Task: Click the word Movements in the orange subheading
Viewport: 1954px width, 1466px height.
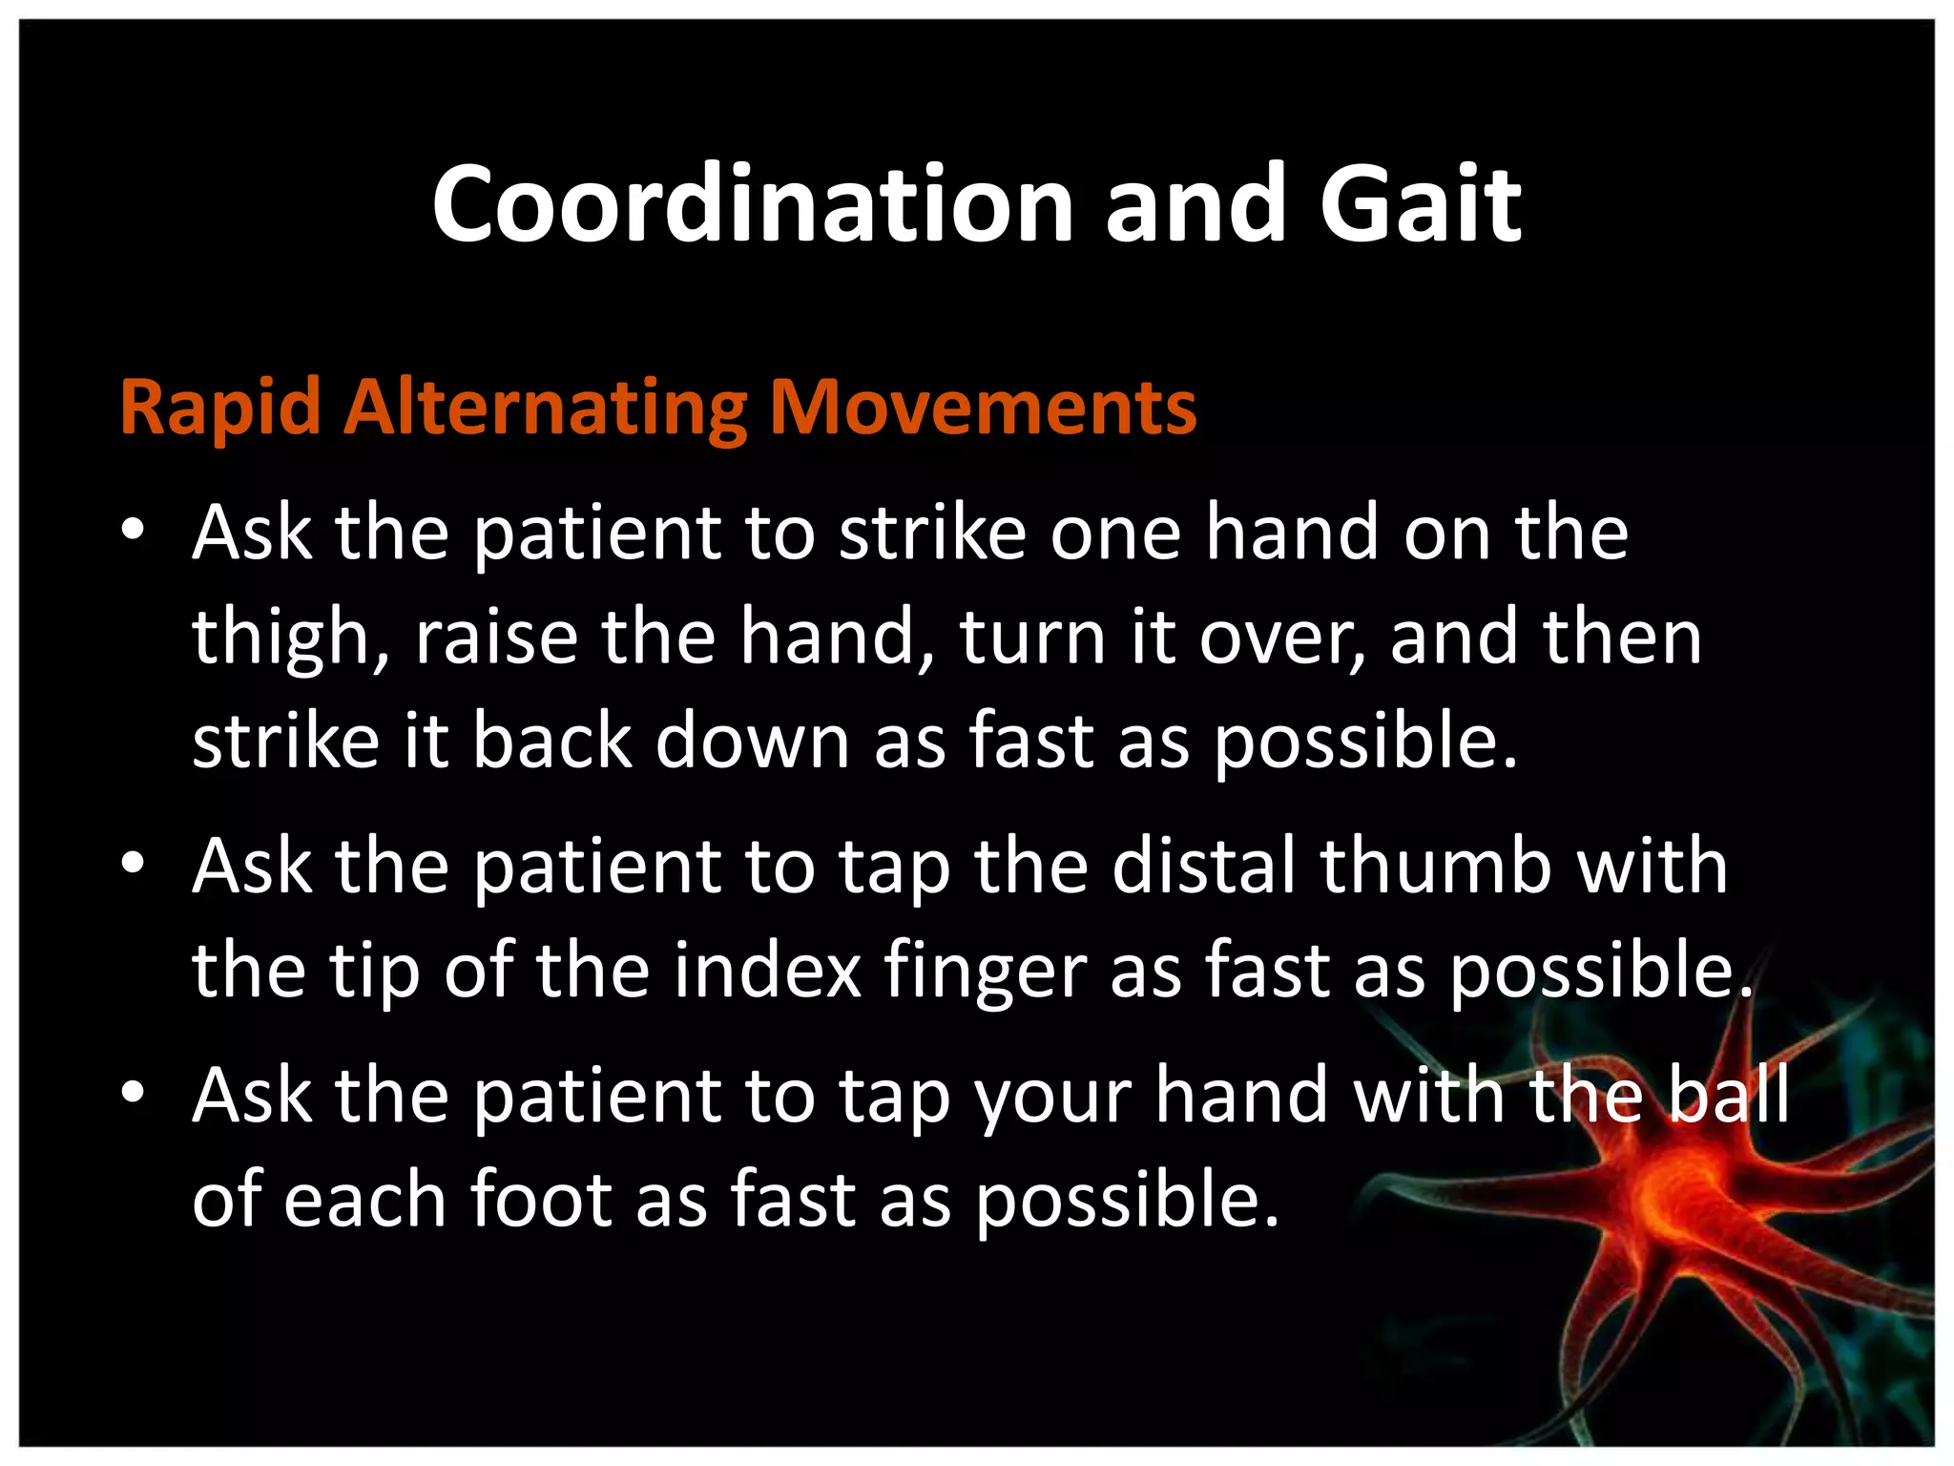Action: tap(982, 408)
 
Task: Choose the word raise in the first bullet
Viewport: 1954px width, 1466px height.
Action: tap(496, 638)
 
